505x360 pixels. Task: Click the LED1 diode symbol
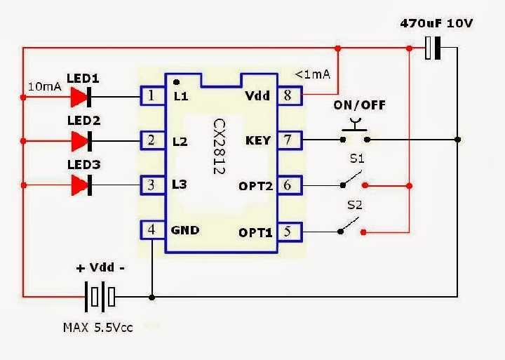click(83, 96)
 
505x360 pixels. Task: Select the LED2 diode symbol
click(83, 141)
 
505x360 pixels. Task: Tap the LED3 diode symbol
click(83, 185)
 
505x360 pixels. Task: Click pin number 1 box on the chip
click(151, 96)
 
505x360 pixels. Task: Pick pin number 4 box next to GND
click(151, 229)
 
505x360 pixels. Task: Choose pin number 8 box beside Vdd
click(287, 96)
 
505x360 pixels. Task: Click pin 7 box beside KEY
click(287, 140)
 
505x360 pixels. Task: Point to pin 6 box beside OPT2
click(287, 185)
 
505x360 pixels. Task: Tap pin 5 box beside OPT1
click(287, 230)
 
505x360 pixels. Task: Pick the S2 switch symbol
click(351, 226)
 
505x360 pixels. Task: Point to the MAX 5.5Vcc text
click(97, 327)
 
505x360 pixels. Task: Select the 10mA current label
click(45, 87)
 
